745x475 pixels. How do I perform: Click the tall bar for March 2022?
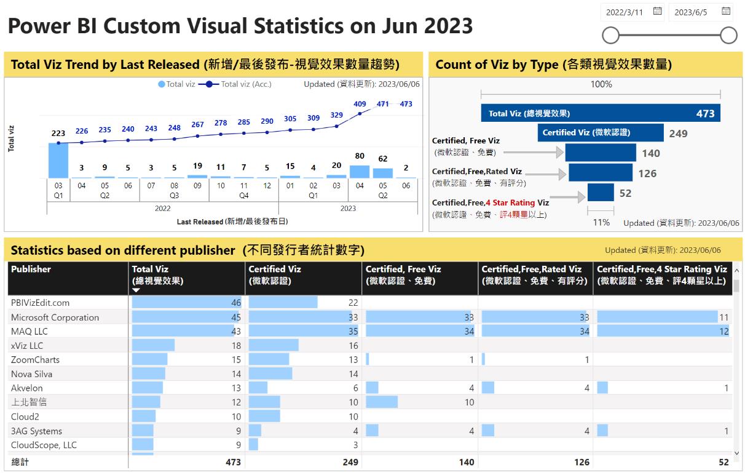coord(58,161)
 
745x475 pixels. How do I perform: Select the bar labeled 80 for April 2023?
coord(360,172)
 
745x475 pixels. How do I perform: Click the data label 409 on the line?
coord(360,104)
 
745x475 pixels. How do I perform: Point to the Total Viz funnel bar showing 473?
coord(600,113)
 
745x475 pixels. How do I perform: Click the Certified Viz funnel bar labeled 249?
coord(601,132)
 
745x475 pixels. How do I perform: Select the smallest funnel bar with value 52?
coord(601,193)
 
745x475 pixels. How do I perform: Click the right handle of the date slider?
coord(728,36)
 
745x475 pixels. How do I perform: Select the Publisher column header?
coord(31,269)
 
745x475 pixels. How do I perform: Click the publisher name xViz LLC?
coord(27,346)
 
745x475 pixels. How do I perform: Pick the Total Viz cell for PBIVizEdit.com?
coord(187,303)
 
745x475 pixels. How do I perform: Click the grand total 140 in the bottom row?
coord(466,461)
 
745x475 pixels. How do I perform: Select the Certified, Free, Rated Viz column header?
coord(532,269)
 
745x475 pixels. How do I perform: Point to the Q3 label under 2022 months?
coord(174,195)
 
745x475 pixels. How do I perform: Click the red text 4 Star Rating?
coord(510,202)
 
